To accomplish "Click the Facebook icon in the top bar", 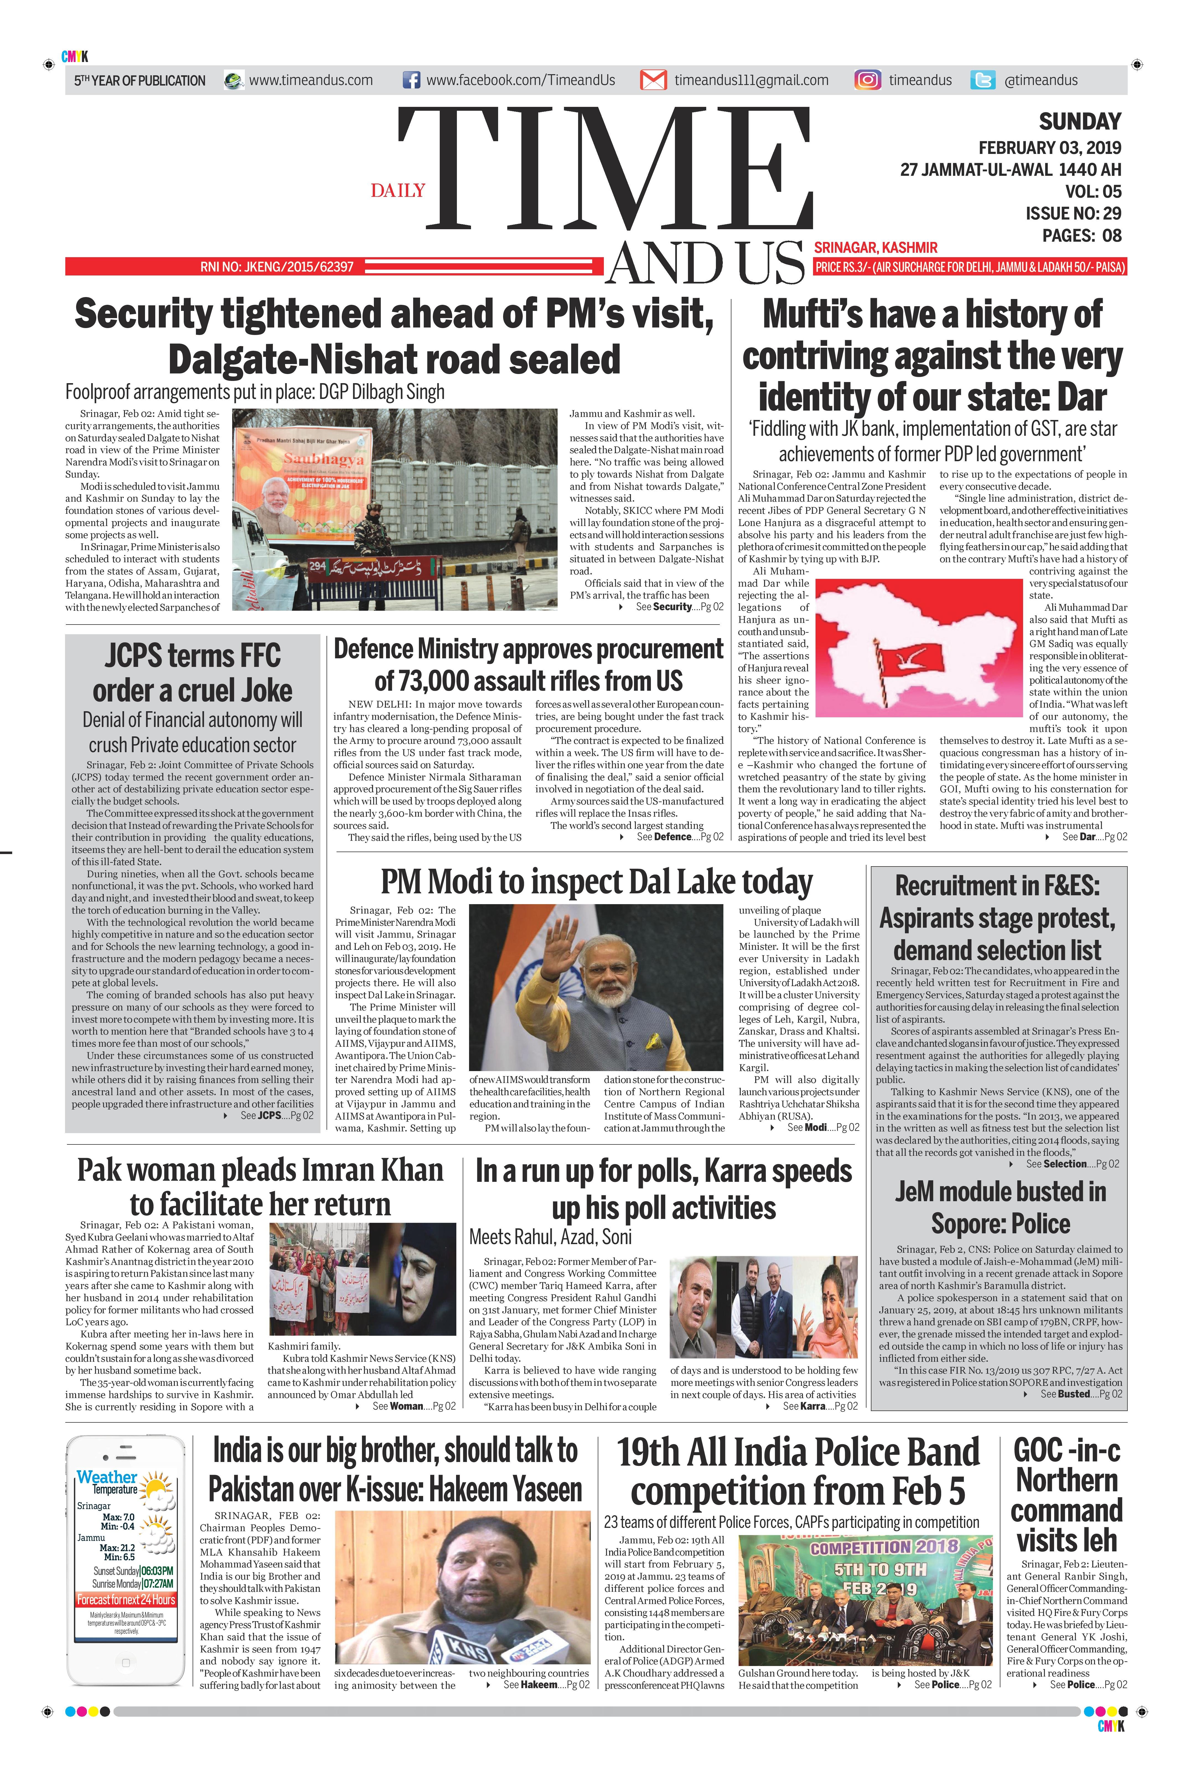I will click(411, 80).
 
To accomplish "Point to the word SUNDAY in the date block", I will click(1080, 122).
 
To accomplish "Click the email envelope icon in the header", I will click(653, 80).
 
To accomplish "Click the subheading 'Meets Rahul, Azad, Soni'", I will click(550, 1237).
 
